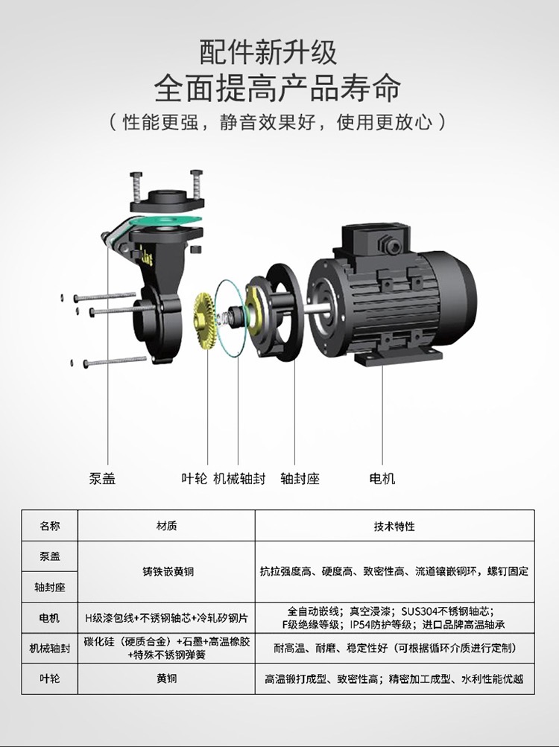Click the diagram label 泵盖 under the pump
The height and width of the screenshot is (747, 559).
pos(102,478)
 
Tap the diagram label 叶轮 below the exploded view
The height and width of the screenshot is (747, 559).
pos(194,478)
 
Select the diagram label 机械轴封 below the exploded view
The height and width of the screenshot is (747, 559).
pos(239,478)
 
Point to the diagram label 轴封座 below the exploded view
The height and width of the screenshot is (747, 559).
pos(300,478)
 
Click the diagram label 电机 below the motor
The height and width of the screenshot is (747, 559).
pos(382,478)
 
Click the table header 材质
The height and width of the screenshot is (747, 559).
pos(166,526)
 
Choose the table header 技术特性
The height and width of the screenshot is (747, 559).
pos(394,526)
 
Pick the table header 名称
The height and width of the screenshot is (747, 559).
pos(50,526)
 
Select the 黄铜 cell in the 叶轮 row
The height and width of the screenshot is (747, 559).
pos(166,678)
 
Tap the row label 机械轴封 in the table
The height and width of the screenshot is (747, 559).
pos(50,648)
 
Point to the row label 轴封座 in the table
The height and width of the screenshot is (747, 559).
pos(50,587)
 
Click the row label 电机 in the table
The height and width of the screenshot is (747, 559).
pos(50,618)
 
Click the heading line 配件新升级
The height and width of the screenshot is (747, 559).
pos(268,52)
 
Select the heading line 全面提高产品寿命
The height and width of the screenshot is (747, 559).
pos(277,87)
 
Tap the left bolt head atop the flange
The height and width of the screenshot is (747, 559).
pos(136,175)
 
